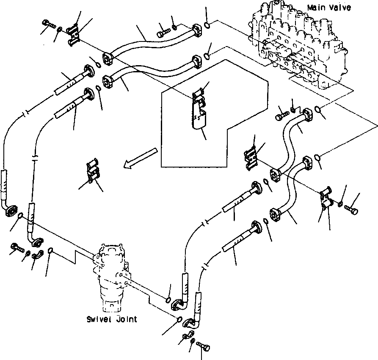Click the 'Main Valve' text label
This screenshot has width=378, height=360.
(329, 8)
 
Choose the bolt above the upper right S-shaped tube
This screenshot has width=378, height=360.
(282, 113)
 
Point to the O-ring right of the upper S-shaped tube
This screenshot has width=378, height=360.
(320, 112)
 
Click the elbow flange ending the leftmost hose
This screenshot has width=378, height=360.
(11, 210)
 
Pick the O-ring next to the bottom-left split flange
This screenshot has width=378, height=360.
(50, 251)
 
